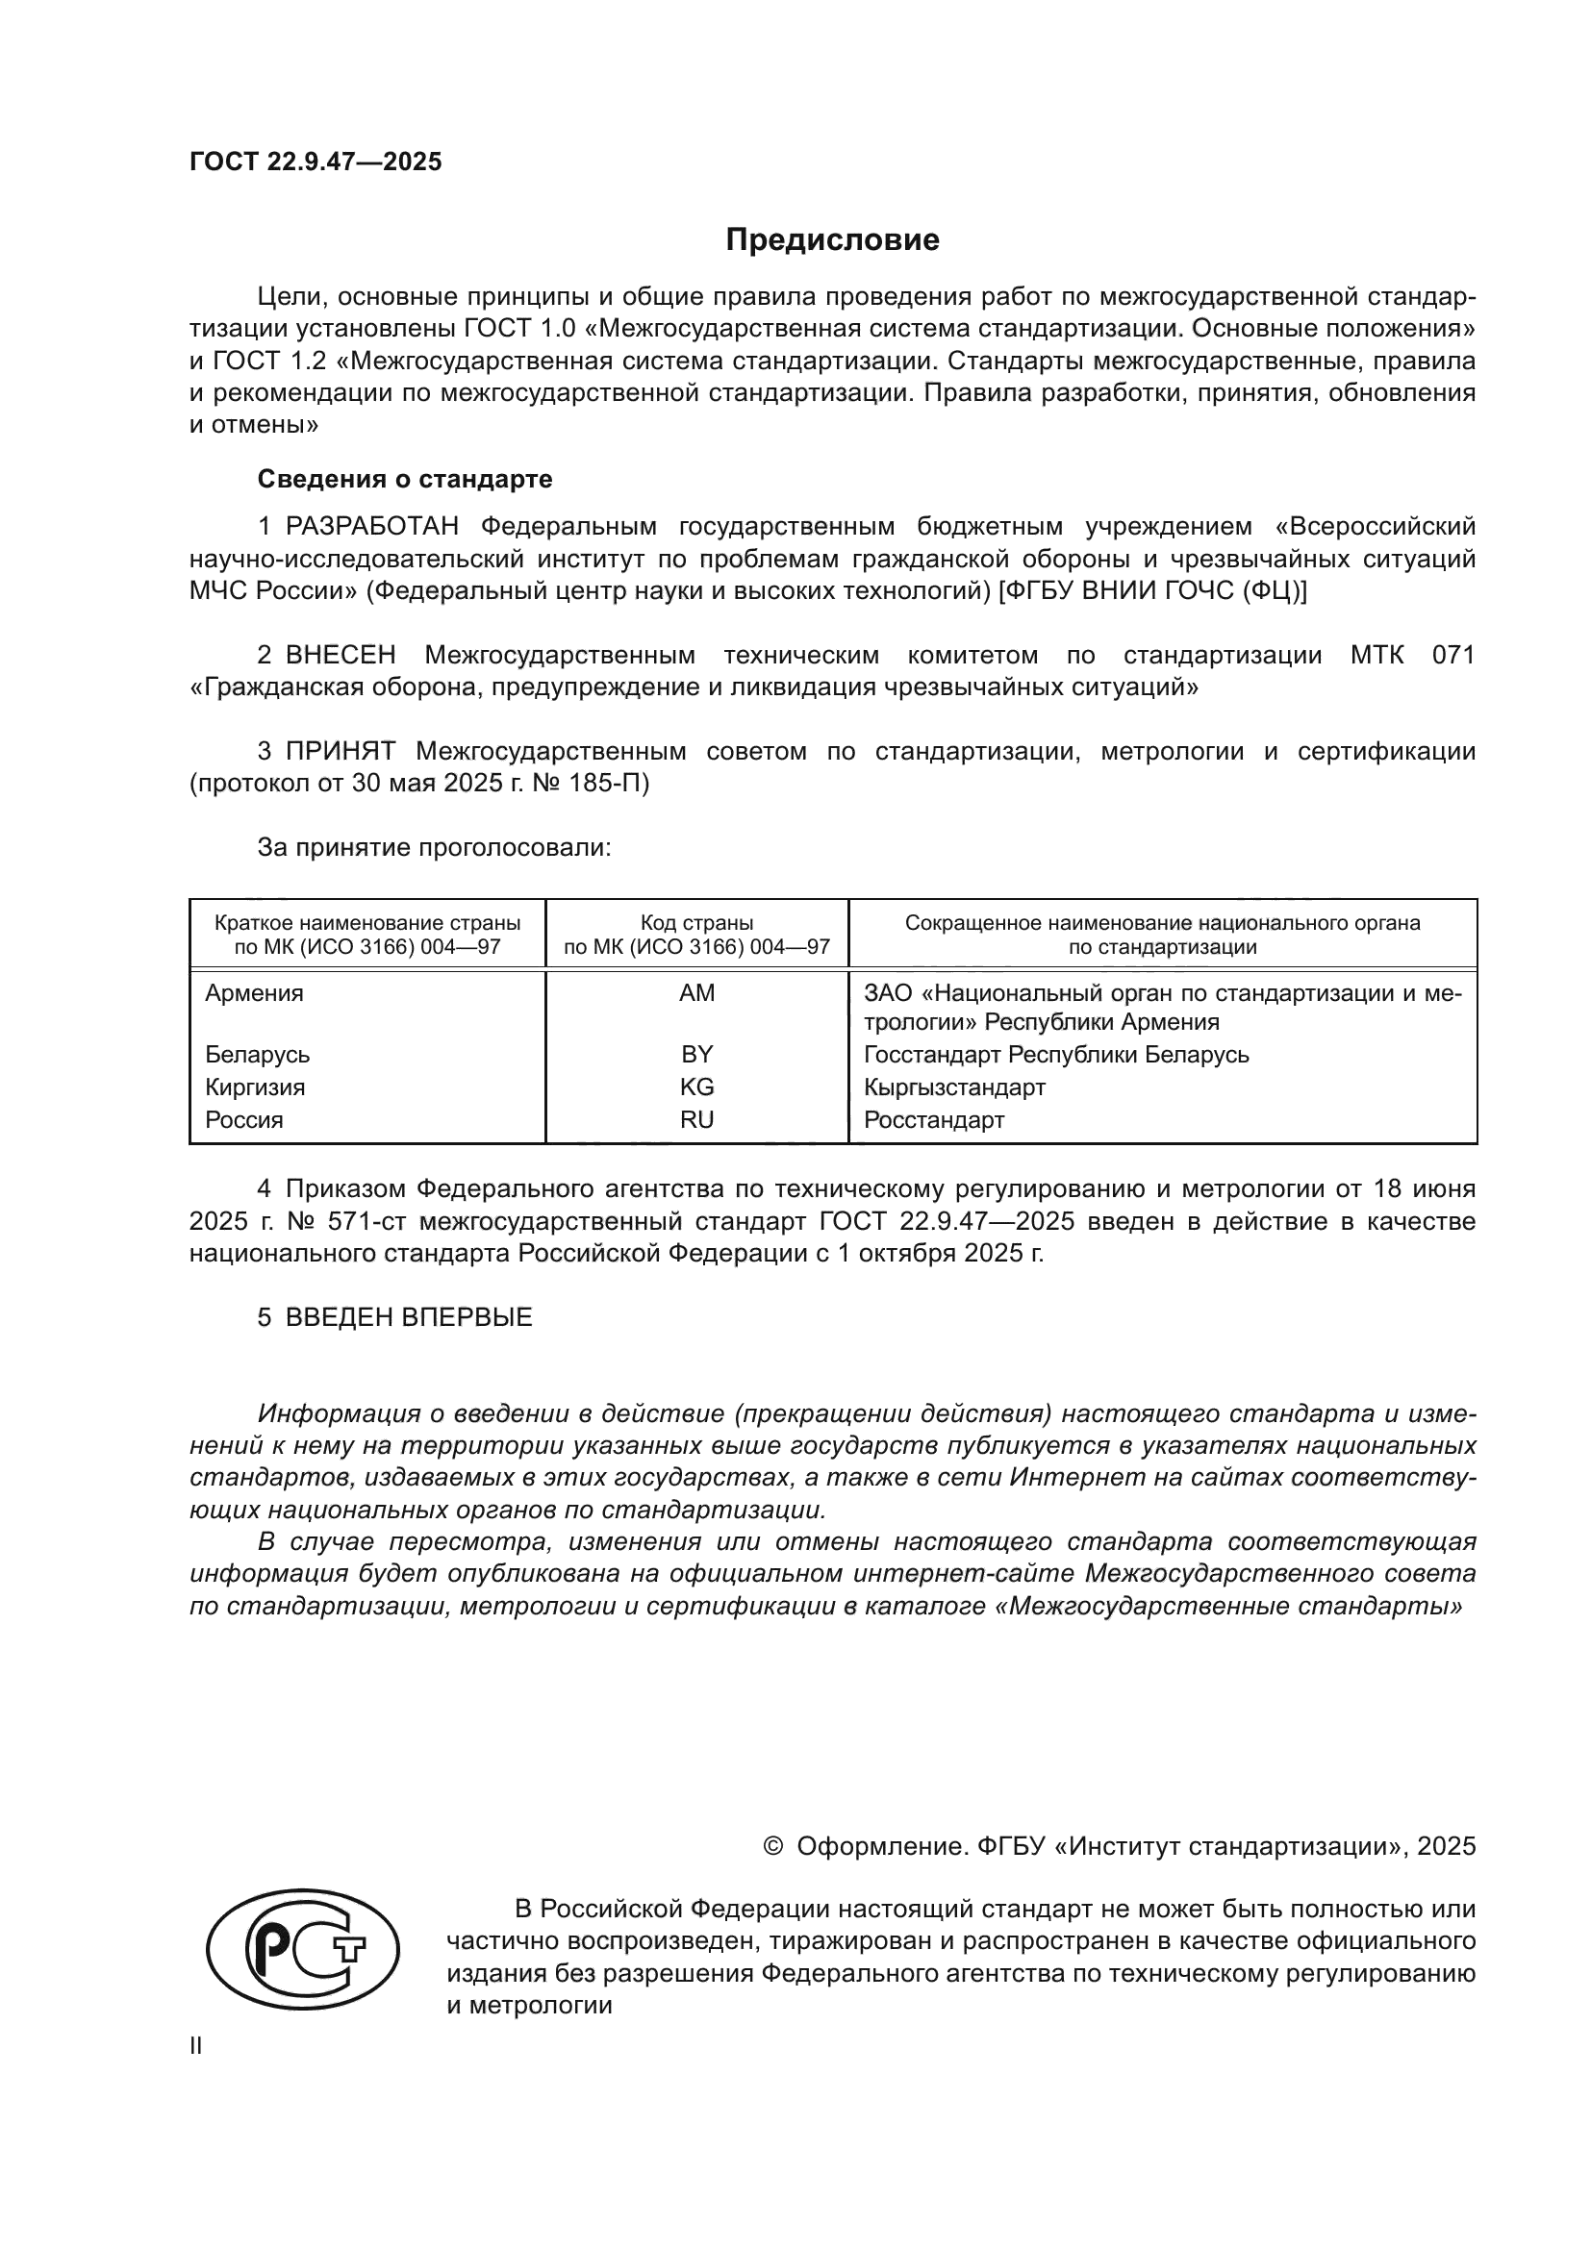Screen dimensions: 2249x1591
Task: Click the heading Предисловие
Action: coord(832,240)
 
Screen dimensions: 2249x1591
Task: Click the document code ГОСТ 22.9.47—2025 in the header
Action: coord(316,162)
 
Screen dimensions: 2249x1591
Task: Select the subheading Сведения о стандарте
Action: coord(405,479)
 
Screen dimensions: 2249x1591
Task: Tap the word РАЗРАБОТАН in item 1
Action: coord(372,526)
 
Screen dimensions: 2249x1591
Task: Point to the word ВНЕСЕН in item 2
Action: coord(341,655)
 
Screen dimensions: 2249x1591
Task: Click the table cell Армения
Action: coord(255,993)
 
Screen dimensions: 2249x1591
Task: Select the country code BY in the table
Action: coord(696,1055)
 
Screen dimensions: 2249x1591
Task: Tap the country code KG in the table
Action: coord(696,1087)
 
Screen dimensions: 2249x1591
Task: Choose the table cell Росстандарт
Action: coord(934,1119)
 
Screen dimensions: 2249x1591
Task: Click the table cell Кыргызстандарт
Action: coord(954,1087)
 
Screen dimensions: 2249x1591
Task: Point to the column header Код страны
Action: coord(696,923)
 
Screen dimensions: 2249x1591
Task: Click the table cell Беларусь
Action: coord(258,1055)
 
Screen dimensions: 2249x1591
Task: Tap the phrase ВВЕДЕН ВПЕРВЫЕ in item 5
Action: coord(409,1317)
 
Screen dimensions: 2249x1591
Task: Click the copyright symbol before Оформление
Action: coord(773,1846)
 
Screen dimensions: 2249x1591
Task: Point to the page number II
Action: coord(196,2046)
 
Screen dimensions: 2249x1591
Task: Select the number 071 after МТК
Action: coord(1452,655)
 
